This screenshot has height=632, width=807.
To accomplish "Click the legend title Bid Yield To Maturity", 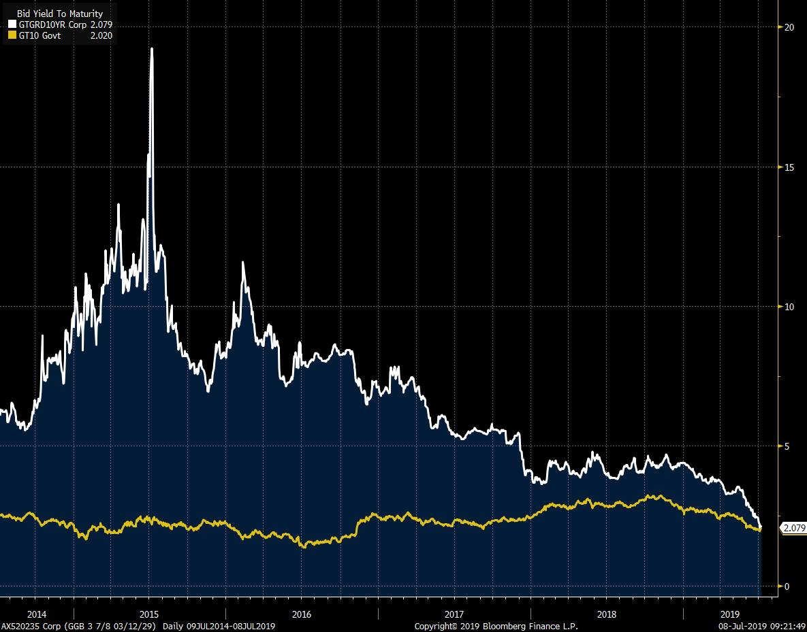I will click(60, 14).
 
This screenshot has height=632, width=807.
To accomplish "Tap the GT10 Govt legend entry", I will click(39, 35).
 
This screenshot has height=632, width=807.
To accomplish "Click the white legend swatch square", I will click(11, 24).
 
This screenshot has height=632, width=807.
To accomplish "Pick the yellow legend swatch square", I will click(11, 35).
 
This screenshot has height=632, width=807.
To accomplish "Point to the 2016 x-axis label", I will click(301, 614).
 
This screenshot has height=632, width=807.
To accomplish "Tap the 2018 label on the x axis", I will click(606, 614).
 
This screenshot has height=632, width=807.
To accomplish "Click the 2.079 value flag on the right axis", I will click(793, 528).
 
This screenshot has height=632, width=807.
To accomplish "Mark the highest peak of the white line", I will click(151, 49).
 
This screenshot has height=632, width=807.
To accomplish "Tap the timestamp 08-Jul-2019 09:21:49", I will click(762, 626).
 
